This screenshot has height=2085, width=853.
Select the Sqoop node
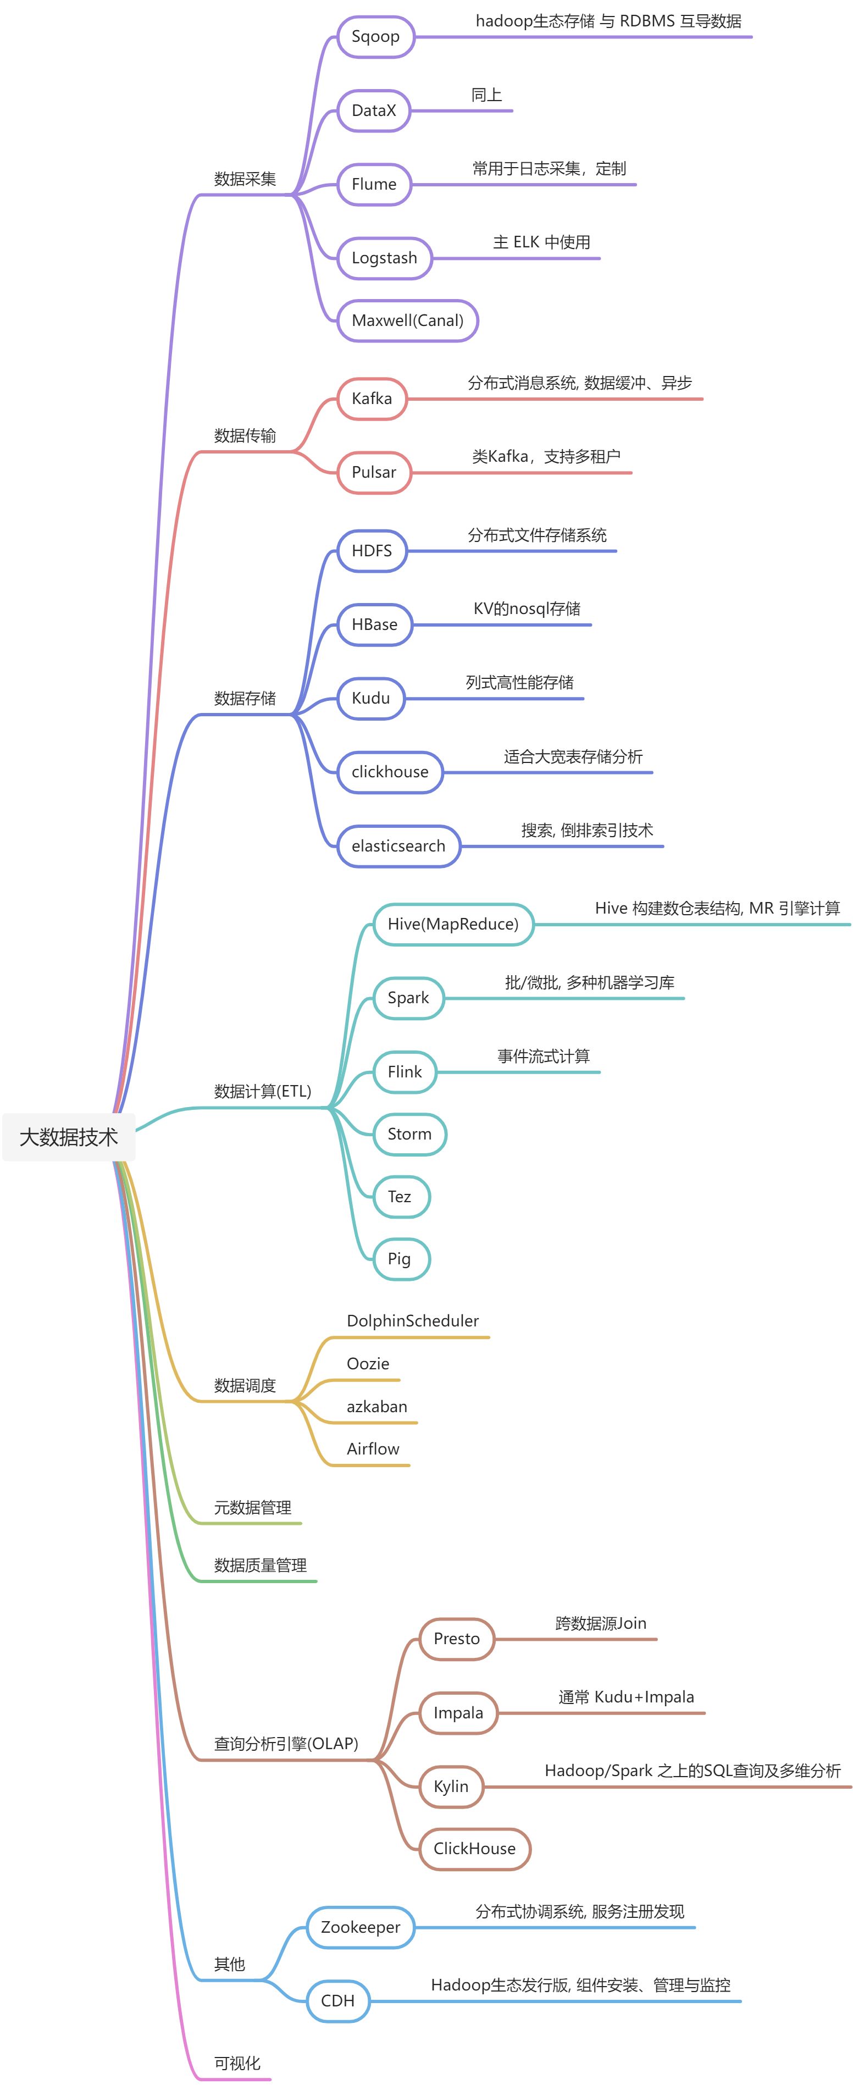coord(375,36)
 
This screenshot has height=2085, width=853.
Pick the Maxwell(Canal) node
coord(407,320)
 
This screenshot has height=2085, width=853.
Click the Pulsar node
coord(374,472)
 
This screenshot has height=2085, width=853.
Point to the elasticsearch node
coord(398,846)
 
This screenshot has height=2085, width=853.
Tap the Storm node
coord(409,1134)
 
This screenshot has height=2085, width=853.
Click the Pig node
coord(399,1259)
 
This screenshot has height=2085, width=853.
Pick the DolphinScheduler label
coord(413,1321)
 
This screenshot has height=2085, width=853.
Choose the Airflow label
coord(373,1449)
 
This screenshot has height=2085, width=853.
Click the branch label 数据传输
coord(245,435)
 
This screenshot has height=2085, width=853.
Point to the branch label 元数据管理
coord(252,1507)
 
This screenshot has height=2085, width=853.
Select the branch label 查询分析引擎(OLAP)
coord(286,1744)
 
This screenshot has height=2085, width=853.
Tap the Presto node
coord(456,1639)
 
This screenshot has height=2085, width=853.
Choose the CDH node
coord(337,2001)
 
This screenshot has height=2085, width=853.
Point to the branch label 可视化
coord(237,2063)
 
